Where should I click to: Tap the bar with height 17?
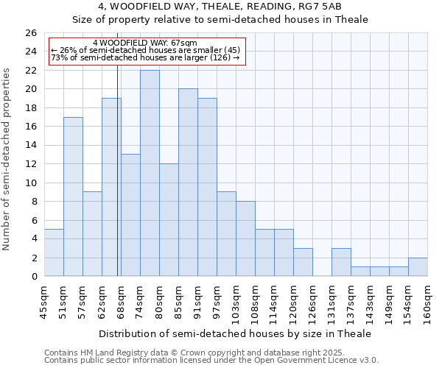(73, 197)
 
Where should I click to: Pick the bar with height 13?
(130, 215)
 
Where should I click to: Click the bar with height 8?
(245, 238)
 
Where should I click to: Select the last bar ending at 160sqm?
(418, 267)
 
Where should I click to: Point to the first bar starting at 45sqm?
(54, 252)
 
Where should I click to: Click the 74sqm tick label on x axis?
(141, 302)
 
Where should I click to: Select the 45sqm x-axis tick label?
(45, 302)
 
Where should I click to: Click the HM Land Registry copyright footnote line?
(210, 353)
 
